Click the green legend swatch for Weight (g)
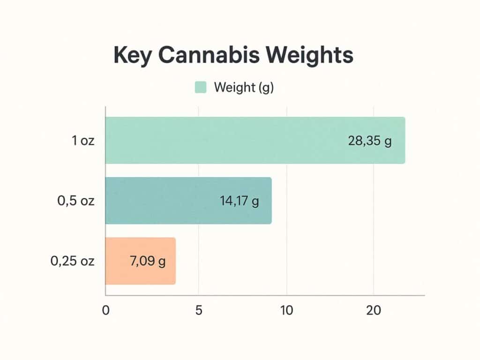(200, 87)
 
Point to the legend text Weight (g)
(243, 88)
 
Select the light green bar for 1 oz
(225, 140)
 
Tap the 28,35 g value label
(370, 141)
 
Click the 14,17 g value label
(239, 201)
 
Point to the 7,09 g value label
(147, 262)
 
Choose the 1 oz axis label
(83, 141)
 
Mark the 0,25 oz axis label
(73, 262)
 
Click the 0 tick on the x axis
(105, 310)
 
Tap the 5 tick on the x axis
(199, 310)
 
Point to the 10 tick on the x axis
(286, 310)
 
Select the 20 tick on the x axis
(373, 310)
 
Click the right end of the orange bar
(174, 261)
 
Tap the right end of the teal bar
(270, 201)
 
